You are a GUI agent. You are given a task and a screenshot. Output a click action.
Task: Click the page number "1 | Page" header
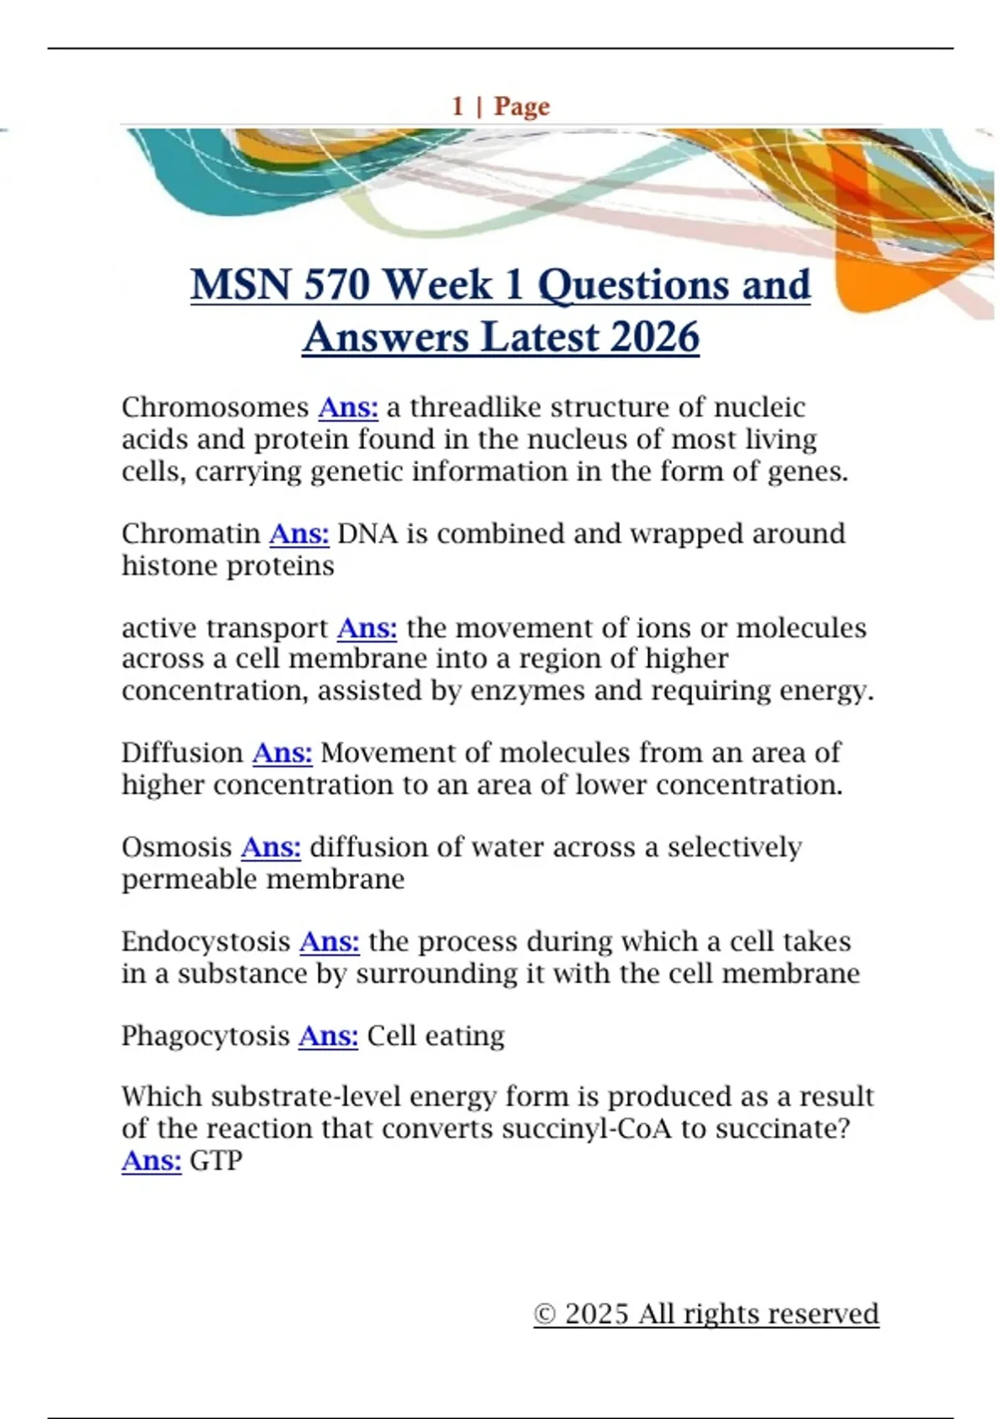coord(501,106)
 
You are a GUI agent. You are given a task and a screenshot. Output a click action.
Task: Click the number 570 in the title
coord(337,285)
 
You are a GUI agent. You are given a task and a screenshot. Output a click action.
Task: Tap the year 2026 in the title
coord(655,338)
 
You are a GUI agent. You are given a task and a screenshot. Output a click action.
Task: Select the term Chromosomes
coord(215,407)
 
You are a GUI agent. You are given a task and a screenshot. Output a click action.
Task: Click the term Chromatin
coord(190,533)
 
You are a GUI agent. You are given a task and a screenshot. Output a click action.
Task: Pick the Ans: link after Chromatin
coord(299,533)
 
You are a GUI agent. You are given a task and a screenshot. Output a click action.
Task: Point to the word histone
coord(170,566)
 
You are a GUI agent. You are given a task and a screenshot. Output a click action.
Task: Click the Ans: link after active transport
coord(367,628)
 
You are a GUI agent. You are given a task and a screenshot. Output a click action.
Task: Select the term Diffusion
coord(182,753)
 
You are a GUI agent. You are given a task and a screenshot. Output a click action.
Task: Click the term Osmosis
coord(176,847)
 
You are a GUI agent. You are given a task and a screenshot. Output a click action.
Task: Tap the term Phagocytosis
coord(205,1036)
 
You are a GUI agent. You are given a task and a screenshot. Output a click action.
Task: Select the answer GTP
coord(216,1161)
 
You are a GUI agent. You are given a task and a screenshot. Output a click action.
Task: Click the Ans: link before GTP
coord(151,1161)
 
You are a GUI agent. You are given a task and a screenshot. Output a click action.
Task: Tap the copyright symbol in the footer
coord(544,1315)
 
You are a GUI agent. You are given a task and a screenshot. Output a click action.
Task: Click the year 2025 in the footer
coord(596,1314)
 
